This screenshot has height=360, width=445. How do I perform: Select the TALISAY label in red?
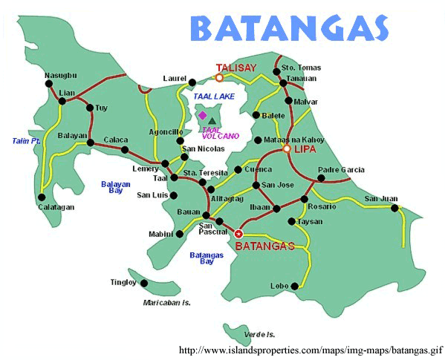pos(236,68)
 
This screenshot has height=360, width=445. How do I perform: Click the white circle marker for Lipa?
pos(288,149)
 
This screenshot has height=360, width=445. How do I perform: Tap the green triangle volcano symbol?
pos(212,120)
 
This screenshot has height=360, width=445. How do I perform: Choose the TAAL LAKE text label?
pos(214,96)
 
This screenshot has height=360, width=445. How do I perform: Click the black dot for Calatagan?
pos(42,197)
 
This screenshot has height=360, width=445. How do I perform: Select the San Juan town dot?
pos(394,207)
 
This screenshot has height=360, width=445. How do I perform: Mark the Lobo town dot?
pos(295,286)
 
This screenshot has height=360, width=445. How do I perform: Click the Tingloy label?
pos(123,282)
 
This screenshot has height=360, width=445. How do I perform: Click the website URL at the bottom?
pos(311,349)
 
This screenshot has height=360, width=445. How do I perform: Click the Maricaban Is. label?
pos(167,303)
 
